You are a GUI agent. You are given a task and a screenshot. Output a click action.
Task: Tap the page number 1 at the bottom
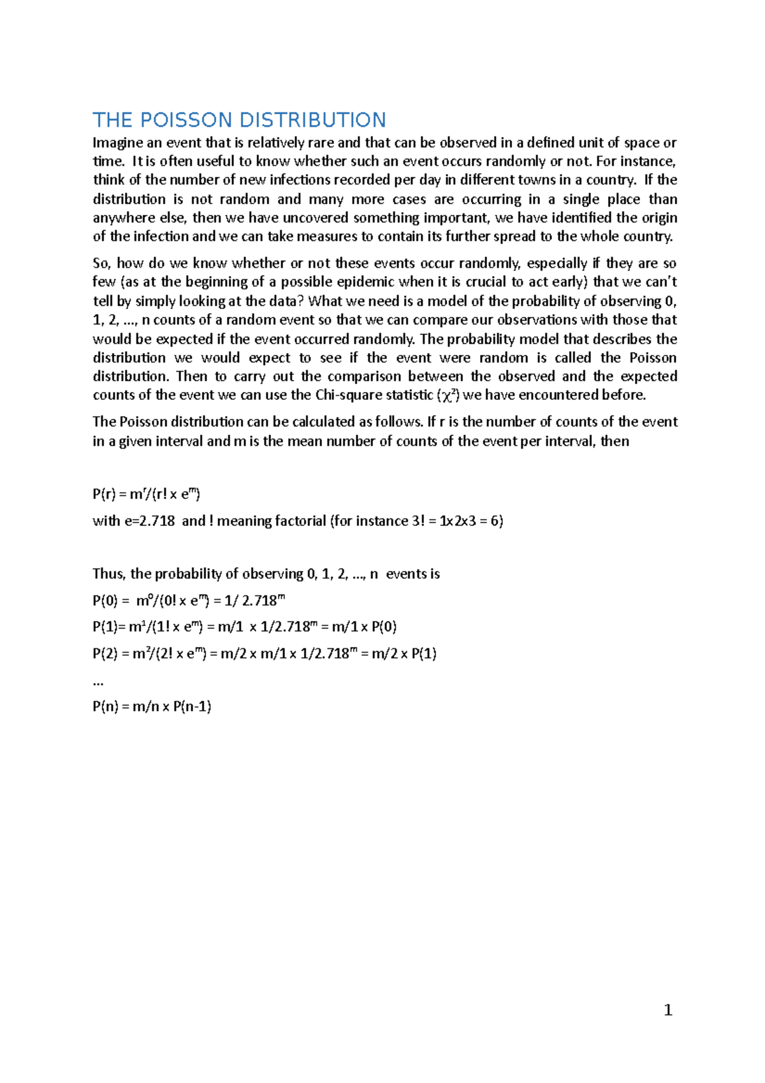pyautogui.click(x=668, y=1010)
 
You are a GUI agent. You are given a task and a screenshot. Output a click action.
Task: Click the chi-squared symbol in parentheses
pyautogui.click(x=447, y=395)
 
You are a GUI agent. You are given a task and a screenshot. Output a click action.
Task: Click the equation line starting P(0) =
pyautogui.click(x=189, y=600)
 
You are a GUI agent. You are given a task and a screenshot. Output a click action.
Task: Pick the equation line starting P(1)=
pyautogui.click(x=244, y=627)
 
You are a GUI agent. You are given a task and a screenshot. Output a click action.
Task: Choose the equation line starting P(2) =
pyautogui.click(x=264, y=653)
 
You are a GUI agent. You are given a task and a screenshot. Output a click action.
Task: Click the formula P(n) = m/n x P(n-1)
pyautogui.click(x=152, y=706)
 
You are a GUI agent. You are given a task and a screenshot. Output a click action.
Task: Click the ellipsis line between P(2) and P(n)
pyautogui.click(x=98, y=682)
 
